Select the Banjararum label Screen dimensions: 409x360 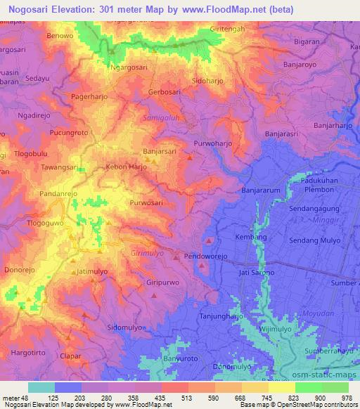click(261, 190)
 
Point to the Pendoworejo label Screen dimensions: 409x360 click(213, 257)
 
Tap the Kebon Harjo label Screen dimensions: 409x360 click(126, 167)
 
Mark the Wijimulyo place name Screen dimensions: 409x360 click(276, 328)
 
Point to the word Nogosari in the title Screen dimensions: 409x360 click(28, 9)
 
